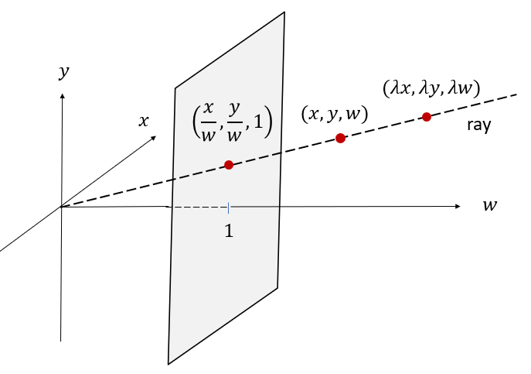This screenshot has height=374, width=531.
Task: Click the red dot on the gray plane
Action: tap(229, 165)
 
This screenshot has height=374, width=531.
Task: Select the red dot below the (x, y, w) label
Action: tap(340, 138)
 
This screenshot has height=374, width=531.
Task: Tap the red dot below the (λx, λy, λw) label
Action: tap(427, 117)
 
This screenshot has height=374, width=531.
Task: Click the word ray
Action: tap(479, 125)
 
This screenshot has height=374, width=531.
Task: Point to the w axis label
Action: tap(490, 205)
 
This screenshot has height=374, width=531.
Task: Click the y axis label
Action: tap(63, 72)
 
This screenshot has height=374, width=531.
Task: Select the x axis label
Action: tap(144, 121)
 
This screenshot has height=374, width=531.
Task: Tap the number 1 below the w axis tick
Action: tap(229, 231)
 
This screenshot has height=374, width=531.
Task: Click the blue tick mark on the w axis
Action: tap(229, 208)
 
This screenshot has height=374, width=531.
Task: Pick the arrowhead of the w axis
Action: tap(458, 206)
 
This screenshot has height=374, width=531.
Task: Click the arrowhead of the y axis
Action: tap(63, 96)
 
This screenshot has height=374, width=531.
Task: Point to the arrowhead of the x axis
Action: tap(153, 138)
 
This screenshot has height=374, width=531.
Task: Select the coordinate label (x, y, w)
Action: tap(334, 115)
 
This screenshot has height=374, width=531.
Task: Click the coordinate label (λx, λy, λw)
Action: tap(431, 88)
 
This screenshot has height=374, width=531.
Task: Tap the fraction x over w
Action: tap(208, 122)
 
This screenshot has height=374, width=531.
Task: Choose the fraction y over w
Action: tap(234, 122)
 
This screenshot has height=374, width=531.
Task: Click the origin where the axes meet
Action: tap(61, 206)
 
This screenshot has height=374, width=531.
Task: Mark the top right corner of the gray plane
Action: tap(284, 12)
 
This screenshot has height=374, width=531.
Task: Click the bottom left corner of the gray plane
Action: tap(168, 364)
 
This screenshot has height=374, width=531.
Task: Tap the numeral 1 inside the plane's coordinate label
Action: tap(258, 122)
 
